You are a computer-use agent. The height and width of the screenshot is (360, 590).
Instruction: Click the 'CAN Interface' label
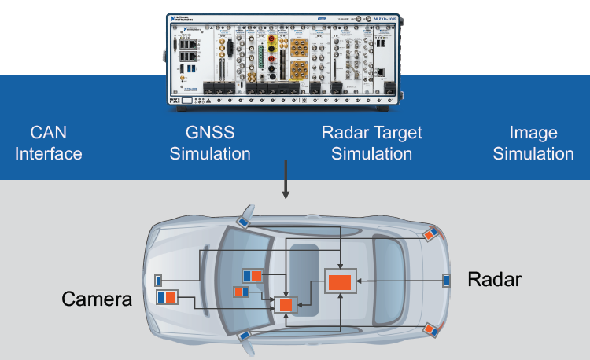point(48,142)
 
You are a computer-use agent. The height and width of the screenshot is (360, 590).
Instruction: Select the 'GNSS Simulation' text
point(210,142)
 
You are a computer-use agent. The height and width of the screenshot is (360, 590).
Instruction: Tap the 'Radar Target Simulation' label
point(371,142)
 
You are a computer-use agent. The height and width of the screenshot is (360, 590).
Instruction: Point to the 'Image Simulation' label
point(533,142)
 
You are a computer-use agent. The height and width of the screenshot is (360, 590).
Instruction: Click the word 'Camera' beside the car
point(97,299)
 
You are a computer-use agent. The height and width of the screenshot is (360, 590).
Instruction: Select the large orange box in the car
point(340,281)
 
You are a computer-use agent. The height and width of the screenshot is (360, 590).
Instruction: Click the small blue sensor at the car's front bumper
point(158,280)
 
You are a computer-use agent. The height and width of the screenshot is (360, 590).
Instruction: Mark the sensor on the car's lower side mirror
point(244,336)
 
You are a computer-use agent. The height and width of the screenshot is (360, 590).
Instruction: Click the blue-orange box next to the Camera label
point(167,298)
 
